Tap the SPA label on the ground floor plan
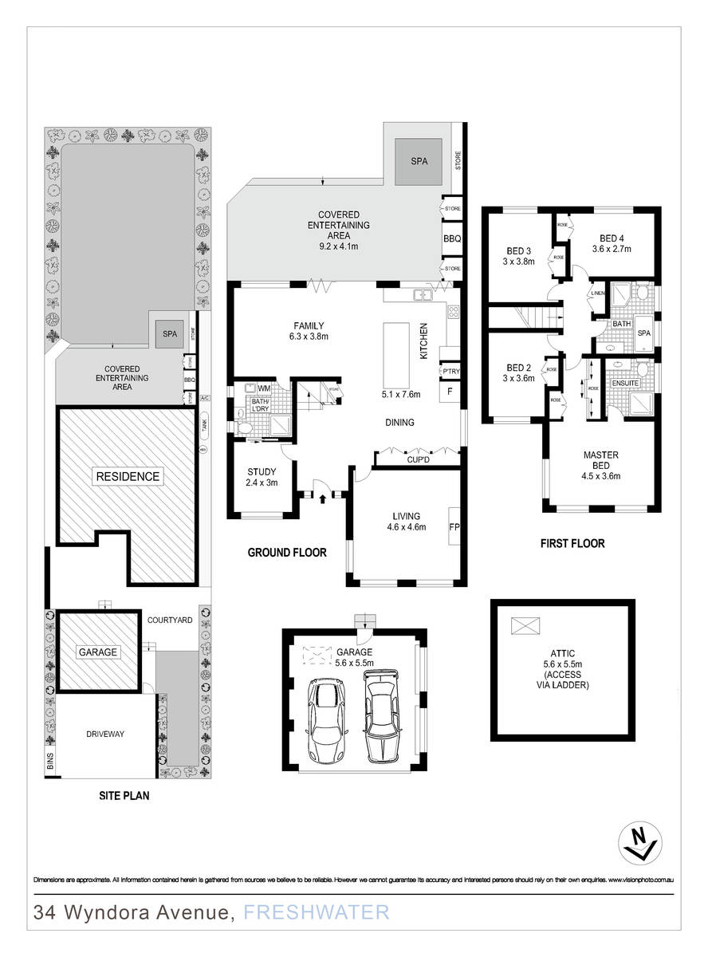tap(419, 160)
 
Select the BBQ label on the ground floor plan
tap(452, 238)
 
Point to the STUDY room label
tap(262, 476)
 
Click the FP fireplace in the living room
tap(455, 527)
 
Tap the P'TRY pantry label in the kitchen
tap(450, 372)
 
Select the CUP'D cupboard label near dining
tap(418, 460)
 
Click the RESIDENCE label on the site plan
tap(128, 477)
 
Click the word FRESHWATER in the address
tap(316, 912)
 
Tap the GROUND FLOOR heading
tap(286, 552)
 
